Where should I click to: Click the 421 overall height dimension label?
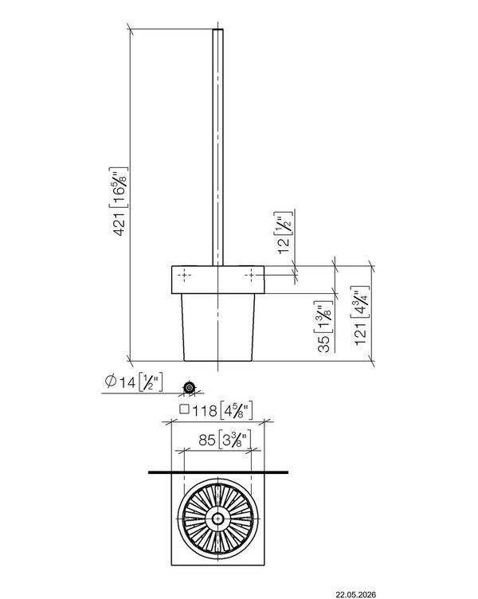(119, 202)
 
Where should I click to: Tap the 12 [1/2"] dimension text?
(284, 233)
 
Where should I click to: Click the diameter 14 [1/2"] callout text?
(134, 382)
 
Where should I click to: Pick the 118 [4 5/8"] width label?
(216, 411)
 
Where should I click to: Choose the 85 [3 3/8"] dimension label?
(225, 440)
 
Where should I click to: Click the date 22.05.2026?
(356, 594)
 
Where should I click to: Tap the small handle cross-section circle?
(189, 387)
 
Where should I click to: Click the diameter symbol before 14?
(111, 381)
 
